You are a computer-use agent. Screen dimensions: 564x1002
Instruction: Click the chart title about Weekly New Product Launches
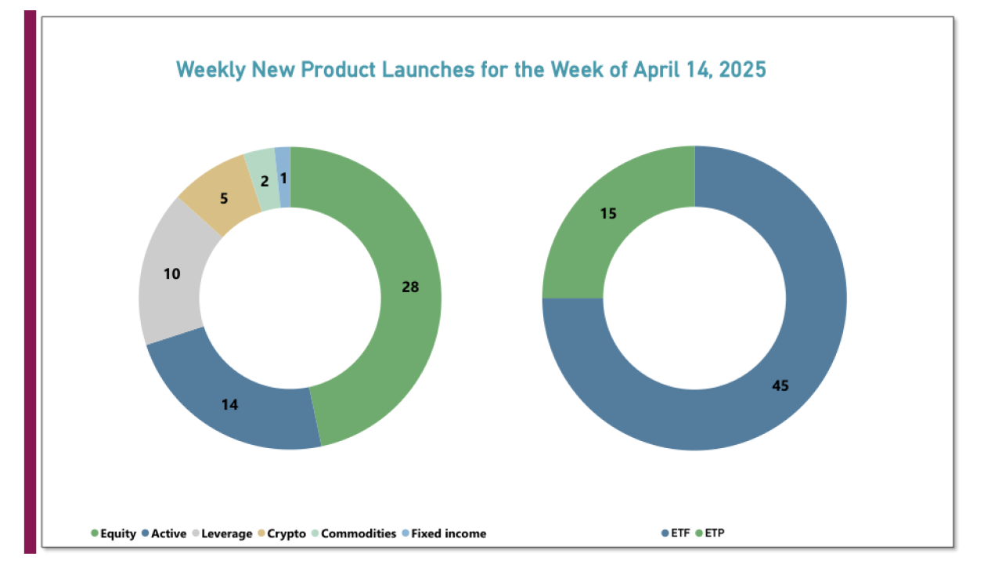point(470,70)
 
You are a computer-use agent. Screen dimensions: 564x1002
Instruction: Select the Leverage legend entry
point(225,533)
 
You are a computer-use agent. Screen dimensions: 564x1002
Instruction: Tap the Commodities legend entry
point(358,533)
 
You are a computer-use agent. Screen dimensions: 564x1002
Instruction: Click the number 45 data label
point(780,385)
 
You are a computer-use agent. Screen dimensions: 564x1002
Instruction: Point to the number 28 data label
point(410,287)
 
